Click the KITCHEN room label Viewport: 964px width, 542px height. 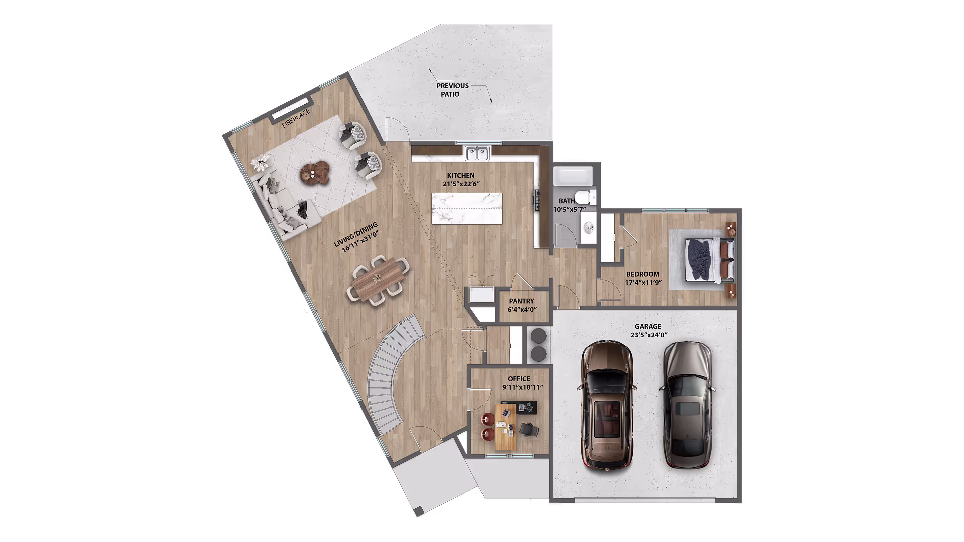460,175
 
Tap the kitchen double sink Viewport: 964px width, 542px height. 477,153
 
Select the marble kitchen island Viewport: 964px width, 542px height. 466,208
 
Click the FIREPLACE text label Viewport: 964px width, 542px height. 296,118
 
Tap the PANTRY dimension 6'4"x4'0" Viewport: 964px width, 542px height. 522,310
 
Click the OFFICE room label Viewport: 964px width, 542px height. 519,379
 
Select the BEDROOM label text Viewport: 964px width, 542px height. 642,274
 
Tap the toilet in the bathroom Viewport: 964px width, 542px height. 585,197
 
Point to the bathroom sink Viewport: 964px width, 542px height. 588,229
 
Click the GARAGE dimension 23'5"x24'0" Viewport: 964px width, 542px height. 649,335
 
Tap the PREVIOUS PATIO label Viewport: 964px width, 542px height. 452,90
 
